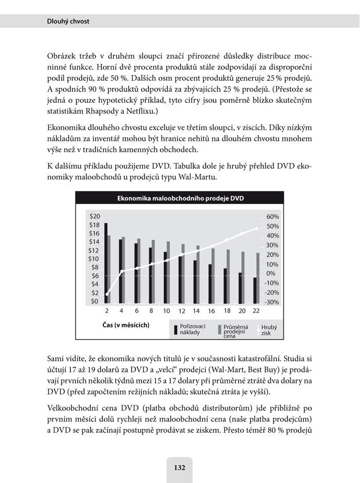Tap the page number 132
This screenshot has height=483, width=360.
(179, 468)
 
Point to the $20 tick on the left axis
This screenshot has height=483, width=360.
(95, 217)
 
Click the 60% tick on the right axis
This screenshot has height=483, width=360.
(272, 217)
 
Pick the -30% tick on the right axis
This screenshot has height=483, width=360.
(272, 302)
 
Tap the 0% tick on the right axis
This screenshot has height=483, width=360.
(271, 273)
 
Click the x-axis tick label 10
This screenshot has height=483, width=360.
(166, 312)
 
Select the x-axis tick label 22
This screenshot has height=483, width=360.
(255, 312)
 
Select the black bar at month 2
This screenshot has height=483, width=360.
(105, 262)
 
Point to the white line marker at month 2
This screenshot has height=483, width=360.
(107, 294)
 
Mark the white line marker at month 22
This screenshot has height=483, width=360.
(257, 228)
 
